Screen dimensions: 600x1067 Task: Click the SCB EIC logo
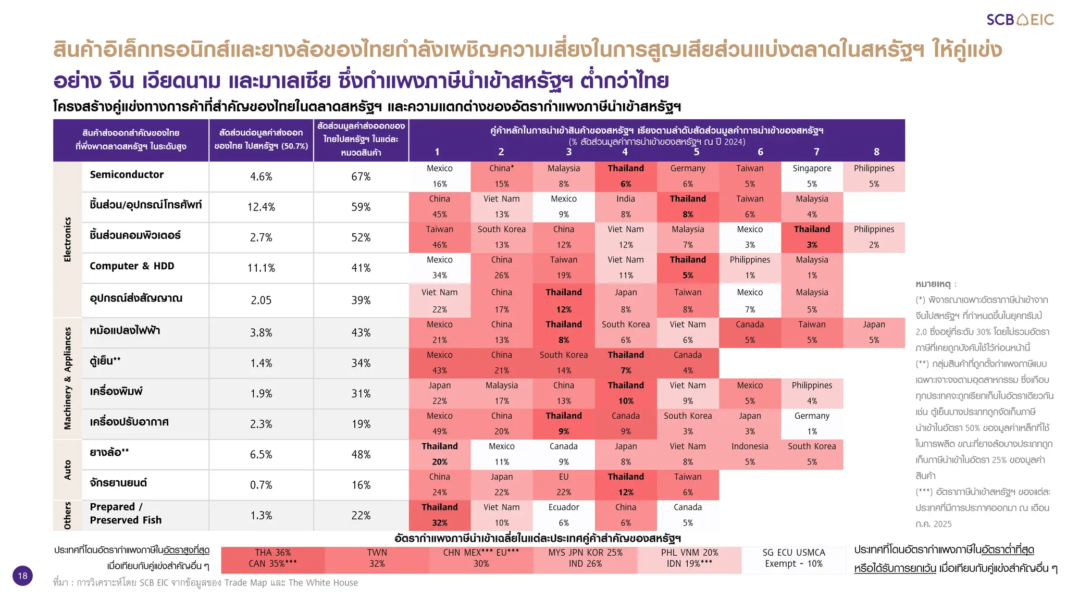[1020, 20]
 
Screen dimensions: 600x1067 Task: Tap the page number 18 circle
[22, 576]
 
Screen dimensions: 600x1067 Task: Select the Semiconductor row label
[127, 175]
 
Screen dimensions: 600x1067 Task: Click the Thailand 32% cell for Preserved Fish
[440, 515]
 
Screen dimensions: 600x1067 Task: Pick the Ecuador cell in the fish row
[564, 515]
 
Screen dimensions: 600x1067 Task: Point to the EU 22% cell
[564, 484]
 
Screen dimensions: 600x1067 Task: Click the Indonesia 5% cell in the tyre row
[750, 454]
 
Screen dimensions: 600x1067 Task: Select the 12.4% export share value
[261, 207]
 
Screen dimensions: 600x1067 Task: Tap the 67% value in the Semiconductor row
[361, 177]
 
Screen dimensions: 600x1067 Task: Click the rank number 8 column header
[876, 152]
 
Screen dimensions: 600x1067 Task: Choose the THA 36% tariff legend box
[273, 558]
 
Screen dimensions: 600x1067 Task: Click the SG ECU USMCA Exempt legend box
[793, 558]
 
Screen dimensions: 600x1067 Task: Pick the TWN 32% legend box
[377, 558]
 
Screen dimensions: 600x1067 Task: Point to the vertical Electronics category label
[67, 240]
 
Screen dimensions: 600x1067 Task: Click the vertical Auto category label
[67, 470]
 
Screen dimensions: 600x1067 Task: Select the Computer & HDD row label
[132, 266]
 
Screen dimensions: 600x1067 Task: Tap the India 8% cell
[626, 206]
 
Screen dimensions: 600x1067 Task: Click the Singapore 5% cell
[812, 176]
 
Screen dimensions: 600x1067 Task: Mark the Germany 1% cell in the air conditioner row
[812, 423]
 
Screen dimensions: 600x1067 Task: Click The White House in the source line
[323, 583]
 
